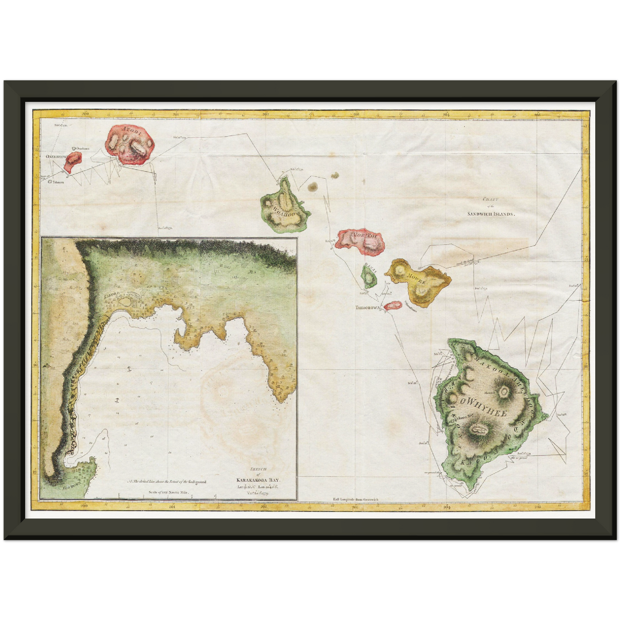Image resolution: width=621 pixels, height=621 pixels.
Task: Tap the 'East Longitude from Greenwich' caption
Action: [355, 500]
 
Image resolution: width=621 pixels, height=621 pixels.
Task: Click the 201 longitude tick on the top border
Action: [176, 114]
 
